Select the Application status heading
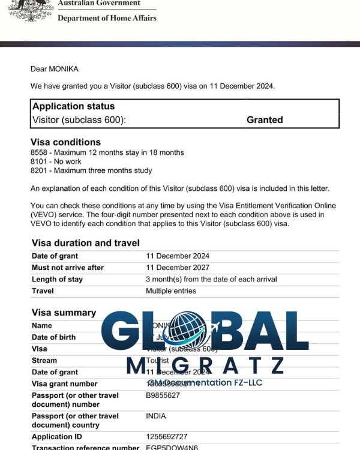[x=73, y=107]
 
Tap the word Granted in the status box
[x=265, y=120]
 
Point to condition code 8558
[x=40, y=153]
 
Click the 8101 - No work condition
[x=59, y=162]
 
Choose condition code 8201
[x=40, y=171]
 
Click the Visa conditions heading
[x=65, y=142]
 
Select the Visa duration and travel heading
[x=85, y=243]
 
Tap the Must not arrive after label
[x=67, y=268]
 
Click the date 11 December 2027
[x=178, y=268]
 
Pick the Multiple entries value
[x=171, y=291]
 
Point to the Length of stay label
[x=57, y=280]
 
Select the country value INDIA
[x=157, y=416]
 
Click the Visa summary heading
[x=63, y=313]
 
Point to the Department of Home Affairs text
[x=107, y=18]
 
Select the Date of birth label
[x=53, y=337]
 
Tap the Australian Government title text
[x=100, y=3]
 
